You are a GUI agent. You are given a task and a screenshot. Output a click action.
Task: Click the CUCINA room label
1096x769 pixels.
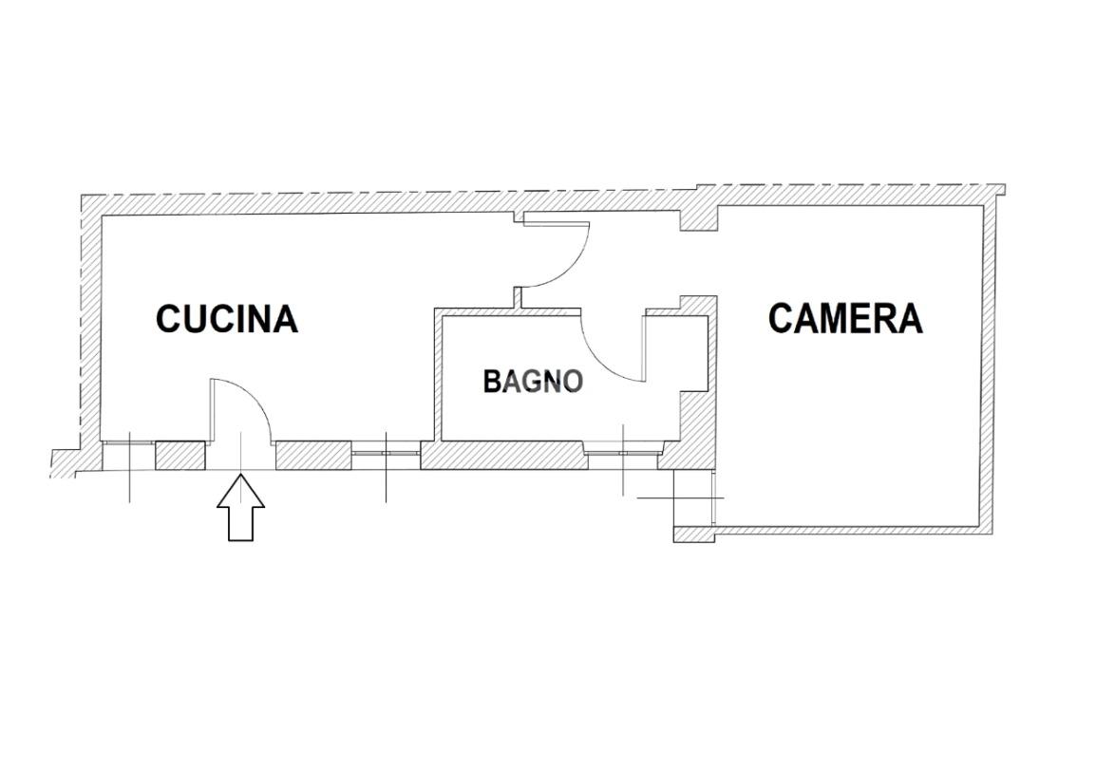[227, 319]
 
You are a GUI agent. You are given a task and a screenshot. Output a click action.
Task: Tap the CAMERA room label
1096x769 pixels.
[844, 319]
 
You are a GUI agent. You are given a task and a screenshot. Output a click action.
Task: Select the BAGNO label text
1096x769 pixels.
[532, 382]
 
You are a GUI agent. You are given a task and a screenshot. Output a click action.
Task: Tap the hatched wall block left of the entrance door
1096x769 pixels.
[180, 456]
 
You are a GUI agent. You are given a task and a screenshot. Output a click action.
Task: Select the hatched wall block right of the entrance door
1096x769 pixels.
[313, 456]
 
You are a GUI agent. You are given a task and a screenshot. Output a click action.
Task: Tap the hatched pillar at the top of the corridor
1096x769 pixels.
[698, 219]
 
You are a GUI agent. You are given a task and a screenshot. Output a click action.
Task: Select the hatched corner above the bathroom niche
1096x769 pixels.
[698, 306]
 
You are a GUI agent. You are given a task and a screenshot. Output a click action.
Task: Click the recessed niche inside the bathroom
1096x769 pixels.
[676, 351]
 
